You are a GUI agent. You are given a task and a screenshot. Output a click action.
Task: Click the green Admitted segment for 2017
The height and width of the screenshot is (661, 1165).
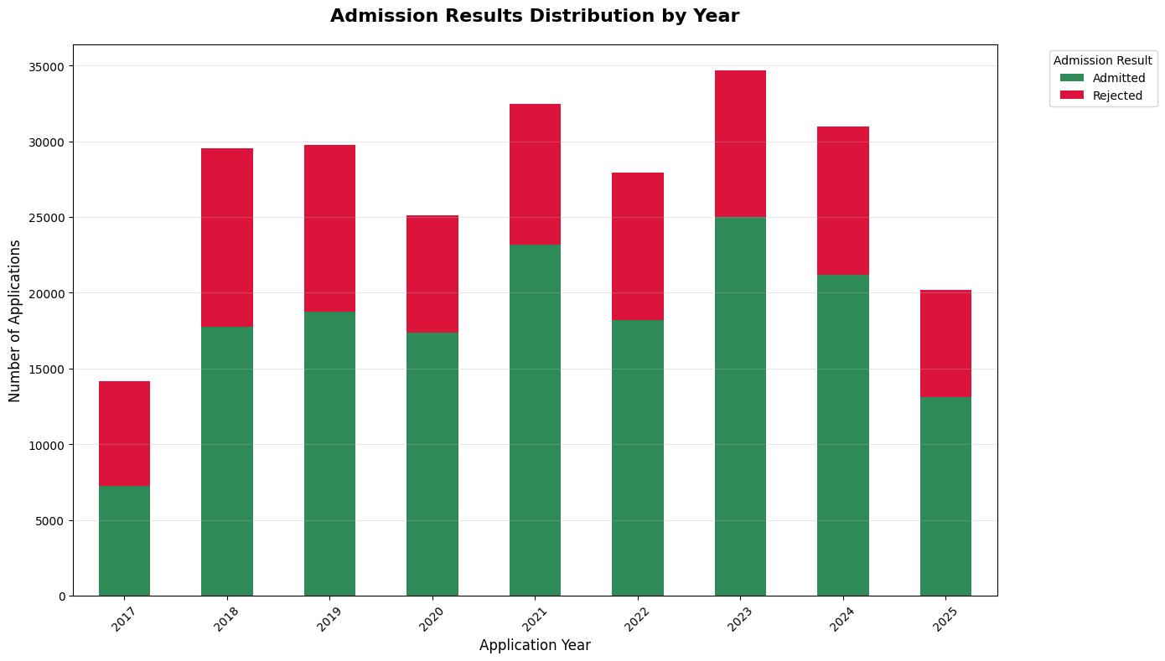click(124, 540)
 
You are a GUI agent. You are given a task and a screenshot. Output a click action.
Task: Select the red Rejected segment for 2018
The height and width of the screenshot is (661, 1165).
click(226, 237)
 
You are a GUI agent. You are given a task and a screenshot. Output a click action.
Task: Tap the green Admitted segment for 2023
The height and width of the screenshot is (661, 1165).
click(740, 406)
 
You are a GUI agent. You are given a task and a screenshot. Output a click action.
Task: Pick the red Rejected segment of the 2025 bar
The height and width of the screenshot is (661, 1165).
click(945, 343)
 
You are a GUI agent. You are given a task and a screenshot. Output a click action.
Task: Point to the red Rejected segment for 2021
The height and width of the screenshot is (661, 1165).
click(535, 174)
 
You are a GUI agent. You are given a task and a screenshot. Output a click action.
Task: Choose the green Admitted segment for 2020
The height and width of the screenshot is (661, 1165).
click(432, 464)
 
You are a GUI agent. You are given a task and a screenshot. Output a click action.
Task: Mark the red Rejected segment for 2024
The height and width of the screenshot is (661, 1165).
click(842, 200)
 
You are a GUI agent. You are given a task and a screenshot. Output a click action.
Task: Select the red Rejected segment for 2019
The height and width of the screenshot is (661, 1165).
click(329, 228)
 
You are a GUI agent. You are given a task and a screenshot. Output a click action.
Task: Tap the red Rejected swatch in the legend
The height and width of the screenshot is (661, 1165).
click(1071, 96)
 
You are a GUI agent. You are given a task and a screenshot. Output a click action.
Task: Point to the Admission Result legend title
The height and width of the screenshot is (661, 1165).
click(1101, 61)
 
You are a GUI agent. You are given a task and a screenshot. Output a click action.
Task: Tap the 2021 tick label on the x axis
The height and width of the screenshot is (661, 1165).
click(535, 619)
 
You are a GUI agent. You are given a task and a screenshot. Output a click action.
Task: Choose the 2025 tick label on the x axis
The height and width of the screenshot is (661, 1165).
click(945, 619)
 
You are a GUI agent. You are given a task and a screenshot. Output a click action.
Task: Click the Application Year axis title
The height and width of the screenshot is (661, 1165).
click(535, 646)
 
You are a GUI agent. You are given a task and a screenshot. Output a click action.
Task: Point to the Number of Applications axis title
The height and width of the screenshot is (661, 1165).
click(15, 320)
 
